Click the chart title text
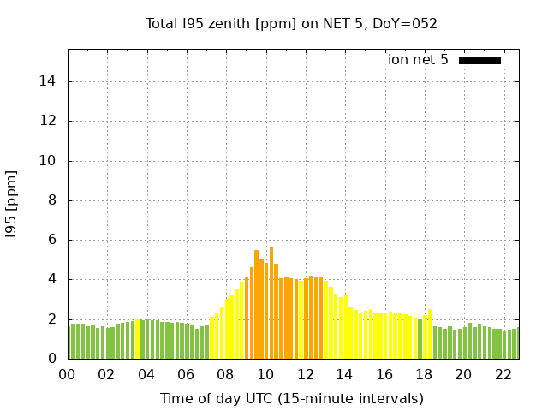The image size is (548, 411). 291,23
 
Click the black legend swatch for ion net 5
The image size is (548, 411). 479,60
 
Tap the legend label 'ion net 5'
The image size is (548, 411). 418,60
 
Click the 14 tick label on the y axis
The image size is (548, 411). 49,81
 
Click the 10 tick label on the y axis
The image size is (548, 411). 49,161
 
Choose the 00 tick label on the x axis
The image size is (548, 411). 68,375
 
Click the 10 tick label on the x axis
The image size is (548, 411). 265,375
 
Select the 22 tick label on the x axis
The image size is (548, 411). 503,375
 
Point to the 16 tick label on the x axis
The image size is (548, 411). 384,375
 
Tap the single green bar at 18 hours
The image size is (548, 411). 420,339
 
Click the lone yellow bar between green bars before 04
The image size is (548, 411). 137,339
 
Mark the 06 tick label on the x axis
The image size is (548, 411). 187,375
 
